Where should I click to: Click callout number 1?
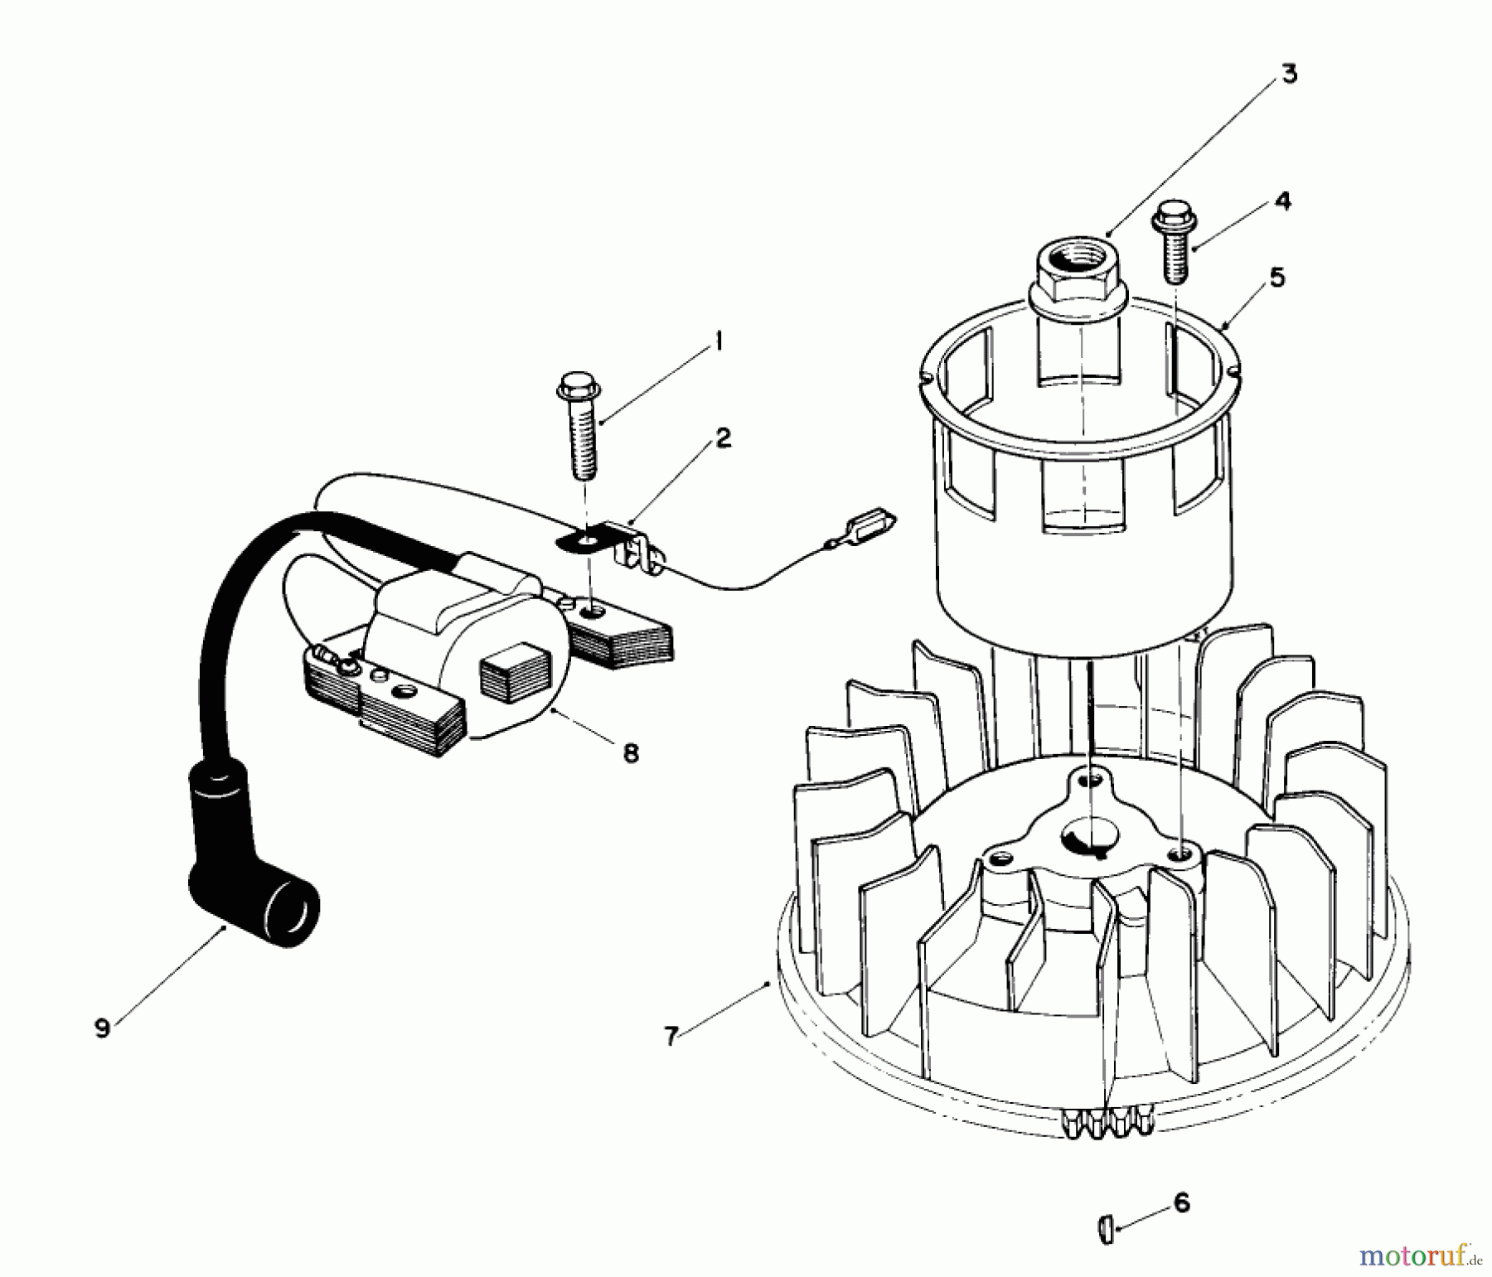point(718,341)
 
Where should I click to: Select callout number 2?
point(723,438)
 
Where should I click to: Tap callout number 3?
point(1288,74)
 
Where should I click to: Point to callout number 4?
point(1282,201)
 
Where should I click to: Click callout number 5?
point(1276,277)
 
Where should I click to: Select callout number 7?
point(671,1035)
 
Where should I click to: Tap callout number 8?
point(631,753)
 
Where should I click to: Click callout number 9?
point(102,1028)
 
